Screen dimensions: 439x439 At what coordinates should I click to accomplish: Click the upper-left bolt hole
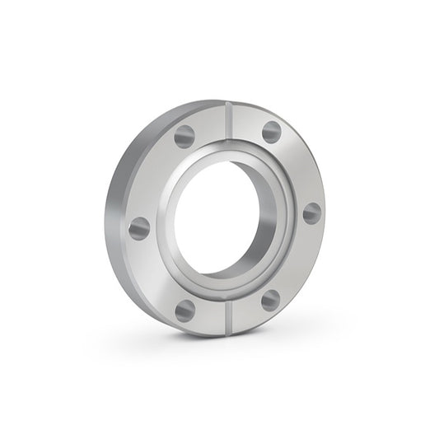click(x=184, y=136)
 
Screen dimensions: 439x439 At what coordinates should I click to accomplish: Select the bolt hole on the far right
click(x=311, y=212)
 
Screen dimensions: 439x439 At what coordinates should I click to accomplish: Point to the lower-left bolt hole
click(x=185, y=310)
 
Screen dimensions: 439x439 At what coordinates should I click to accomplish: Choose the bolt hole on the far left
click(x=140, y=228)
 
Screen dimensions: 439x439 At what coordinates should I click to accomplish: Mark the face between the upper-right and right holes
click(x=298, y=169)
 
